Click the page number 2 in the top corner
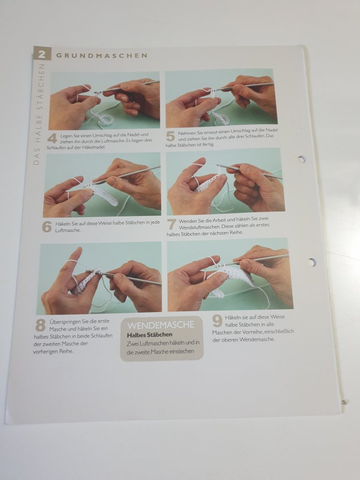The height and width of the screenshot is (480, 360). [42, 55]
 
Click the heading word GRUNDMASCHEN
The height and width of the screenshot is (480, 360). [102, 55]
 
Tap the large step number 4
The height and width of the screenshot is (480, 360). [52, 138]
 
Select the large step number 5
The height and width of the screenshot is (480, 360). [170, 136]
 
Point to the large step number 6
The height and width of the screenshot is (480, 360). [47, 227]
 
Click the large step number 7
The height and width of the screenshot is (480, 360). [171, 224]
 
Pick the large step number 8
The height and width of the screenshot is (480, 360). [40, 325]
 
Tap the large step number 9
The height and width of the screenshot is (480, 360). [217, 321]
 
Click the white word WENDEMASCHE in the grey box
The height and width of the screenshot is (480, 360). [161, 325]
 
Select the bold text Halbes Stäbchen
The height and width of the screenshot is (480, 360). [150, 335]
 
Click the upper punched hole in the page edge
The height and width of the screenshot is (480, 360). [302, 159]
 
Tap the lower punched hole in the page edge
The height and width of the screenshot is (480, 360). [312, 263]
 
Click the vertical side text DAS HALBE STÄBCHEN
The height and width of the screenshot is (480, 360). [39, 114]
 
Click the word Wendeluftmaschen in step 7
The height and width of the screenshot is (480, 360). [200, 227]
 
